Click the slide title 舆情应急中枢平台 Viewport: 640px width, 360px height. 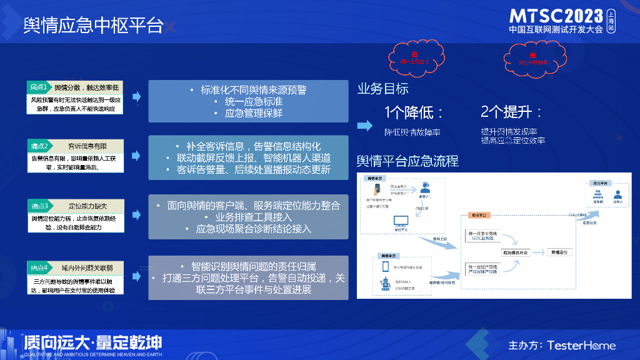coord(94,26)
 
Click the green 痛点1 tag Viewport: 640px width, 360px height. coord(39,87)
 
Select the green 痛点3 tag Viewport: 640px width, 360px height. coord(39,206)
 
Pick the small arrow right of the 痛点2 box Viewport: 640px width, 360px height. coord(136,157)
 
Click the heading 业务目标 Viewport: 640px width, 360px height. coord(382,89)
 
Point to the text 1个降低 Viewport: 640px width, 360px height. coord(414,112)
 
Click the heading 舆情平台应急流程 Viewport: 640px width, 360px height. coord(407,161)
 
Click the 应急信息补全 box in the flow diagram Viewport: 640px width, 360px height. coord(516,252)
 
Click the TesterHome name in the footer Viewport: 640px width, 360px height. coord(581,345)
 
